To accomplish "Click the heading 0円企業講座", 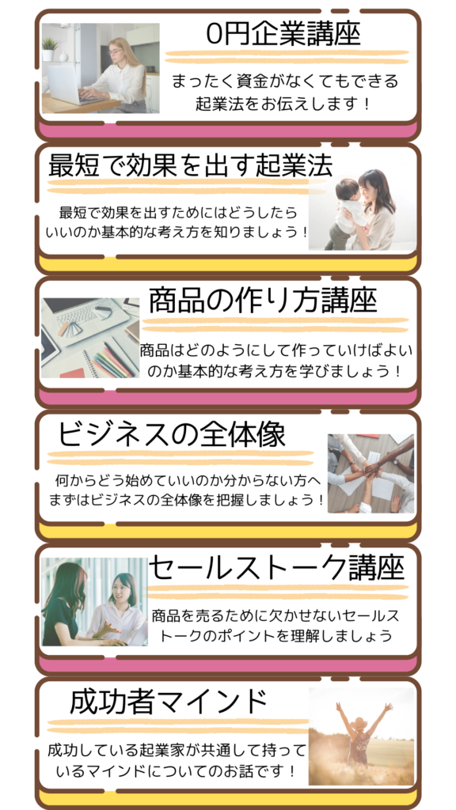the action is point(283,34).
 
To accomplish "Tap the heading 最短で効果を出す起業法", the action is point(190,165).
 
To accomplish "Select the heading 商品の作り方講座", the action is point(263,301).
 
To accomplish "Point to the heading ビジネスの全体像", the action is point(171,434).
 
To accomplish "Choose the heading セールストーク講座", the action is point(276,568).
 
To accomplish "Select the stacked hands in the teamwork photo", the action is point(371,468).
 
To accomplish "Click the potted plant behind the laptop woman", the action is point(50,48).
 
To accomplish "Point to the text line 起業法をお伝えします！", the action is point(283,104).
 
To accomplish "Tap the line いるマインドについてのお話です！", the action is point(177,771).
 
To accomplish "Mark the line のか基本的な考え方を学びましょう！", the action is point(275,371).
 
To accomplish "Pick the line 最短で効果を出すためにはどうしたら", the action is point(178,212).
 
